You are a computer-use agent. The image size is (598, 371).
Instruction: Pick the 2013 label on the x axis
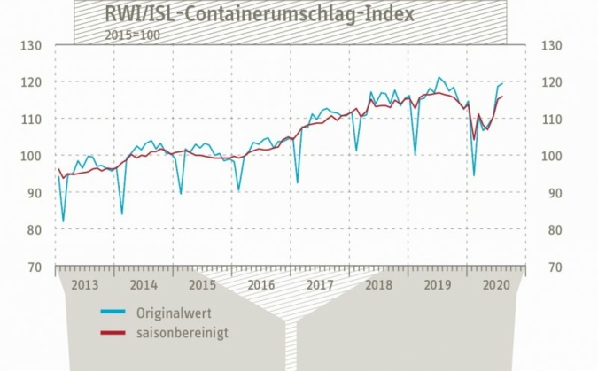pyautogui.click(x=85, y=284)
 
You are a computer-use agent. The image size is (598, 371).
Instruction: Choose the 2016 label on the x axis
pyautogui.click(x=261, y=284)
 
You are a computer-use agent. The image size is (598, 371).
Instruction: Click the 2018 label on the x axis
pyautogui.click(x=378, y=284)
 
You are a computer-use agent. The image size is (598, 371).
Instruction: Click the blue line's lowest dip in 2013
pyautogui.click(x=63, y=220)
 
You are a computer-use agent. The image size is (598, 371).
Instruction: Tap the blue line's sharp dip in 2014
pyautogui.click(x=121, y=213)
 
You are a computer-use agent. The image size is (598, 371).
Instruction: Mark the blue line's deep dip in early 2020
pyautogui.click(x=474, y=175)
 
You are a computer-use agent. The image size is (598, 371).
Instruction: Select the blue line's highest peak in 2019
pyautogui.click(x=439, y=77)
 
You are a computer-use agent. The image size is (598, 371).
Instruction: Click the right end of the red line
pyautogui.click(x=502, y=97)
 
